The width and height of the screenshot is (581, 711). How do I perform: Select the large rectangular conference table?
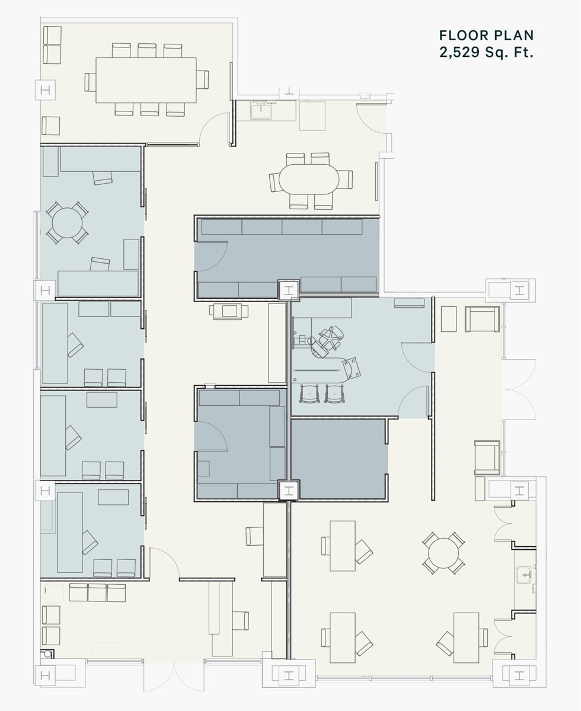pos(146,80)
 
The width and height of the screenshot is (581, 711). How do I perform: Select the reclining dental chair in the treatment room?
pos(328,342)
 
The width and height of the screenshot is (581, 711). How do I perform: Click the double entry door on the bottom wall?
pos(174,675)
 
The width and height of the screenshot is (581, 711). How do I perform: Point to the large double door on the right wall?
pos(519,388)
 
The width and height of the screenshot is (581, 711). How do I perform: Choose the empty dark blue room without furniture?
pos(339,458)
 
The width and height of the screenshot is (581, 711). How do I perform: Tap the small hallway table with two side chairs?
pos(228,311)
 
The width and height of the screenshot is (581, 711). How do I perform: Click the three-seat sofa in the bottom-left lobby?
pos(98,592)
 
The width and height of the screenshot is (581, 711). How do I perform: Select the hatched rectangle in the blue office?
pos(102,399)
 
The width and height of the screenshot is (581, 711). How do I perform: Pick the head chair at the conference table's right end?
pos(203,79)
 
